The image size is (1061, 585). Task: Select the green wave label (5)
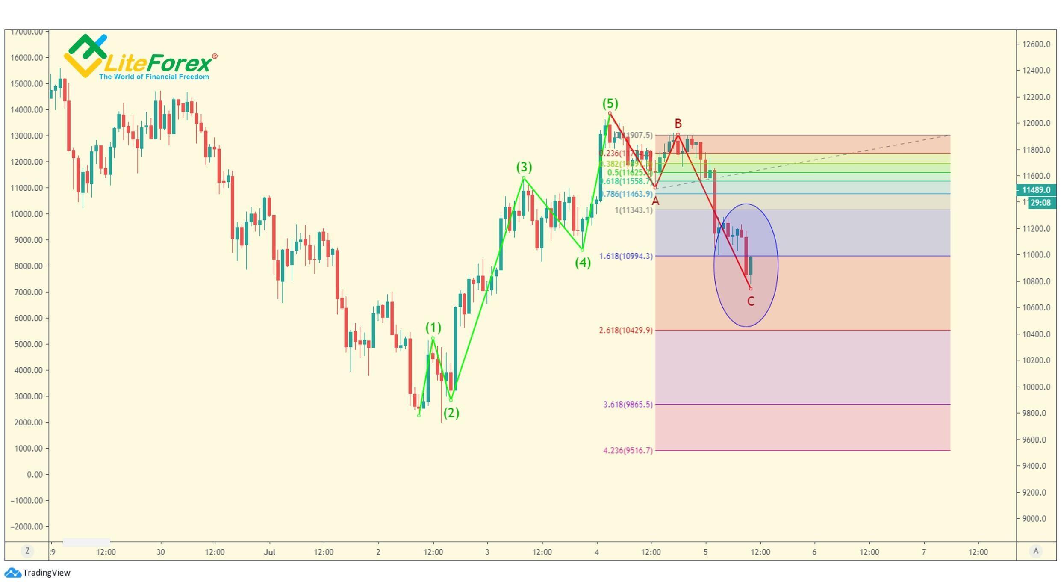(x=610, y=103)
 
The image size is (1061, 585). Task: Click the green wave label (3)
(x=524, y=167)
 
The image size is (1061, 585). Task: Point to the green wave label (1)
(x=433, y=328)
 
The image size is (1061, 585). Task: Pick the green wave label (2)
(x=451, y=413)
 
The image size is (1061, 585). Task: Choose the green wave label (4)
(x=583, y=263)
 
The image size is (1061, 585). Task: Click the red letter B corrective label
(x=678, y=124)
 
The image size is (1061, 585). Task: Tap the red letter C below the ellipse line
(x=751, y=301)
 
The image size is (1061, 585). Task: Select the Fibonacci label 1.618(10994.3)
(x=626, y=256)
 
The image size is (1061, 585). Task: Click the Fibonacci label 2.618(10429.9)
(x=626, y=330)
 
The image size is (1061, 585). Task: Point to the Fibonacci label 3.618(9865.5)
(x=628, y=404)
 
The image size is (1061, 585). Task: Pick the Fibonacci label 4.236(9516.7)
(x=628, y=450)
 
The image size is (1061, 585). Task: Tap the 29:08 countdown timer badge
(x=1040, y=203)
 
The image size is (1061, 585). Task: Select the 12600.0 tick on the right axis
(x=1036, y=44)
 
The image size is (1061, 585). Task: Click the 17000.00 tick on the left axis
(x=27, y=32)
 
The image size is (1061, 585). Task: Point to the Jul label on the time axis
(x=269, y=552)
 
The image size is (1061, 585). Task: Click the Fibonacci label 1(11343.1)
(x=634, y=210)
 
